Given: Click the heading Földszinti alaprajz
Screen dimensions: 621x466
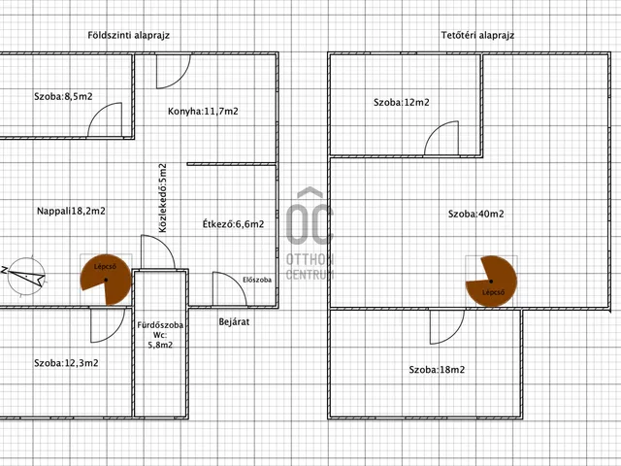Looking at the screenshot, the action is (129, 35).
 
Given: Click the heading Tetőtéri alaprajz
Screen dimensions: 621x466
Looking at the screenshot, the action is (477, 35).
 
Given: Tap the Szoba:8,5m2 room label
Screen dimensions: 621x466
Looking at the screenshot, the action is (63, 96).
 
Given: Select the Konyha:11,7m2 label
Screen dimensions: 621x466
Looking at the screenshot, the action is (203, 112).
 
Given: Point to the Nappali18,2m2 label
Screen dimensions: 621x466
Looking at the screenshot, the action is (71, 211).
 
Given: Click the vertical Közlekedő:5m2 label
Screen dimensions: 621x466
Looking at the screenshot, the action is (162, 198).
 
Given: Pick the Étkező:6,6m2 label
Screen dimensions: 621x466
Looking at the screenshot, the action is (233, 224).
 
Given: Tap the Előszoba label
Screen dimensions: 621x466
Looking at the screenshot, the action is (257, 280).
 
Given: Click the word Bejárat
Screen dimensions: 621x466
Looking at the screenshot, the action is (234, 321).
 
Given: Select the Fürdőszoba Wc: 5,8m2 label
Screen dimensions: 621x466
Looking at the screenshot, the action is (160, 335).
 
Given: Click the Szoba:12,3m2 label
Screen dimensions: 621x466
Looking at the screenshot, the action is (66, 363).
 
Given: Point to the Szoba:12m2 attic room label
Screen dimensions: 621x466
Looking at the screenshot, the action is (401, 102).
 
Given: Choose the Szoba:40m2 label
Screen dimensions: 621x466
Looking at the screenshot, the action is (476, 214).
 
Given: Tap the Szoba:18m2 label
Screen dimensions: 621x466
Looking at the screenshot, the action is (437, 370).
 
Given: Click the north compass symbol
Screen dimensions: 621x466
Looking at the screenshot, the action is (25, 276).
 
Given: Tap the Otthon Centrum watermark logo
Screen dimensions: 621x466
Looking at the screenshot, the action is (310, 233).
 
